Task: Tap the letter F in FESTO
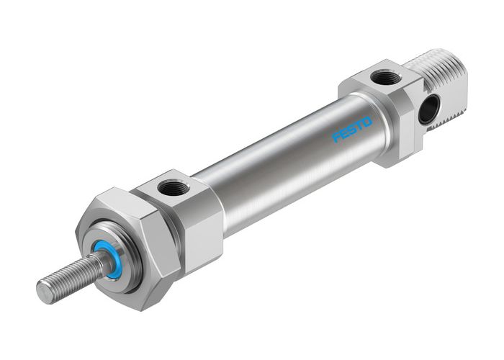336,138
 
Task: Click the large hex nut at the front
133,245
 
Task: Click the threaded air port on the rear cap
384,77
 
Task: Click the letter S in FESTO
352,130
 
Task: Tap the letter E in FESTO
344,134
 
